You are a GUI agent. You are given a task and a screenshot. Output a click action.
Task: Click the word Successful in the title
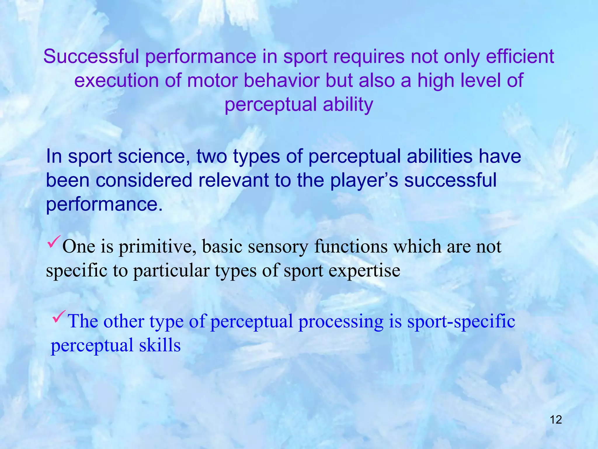point(91,56)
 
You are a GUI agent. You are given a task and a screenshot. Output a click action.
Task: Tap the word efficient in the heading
point(520,56)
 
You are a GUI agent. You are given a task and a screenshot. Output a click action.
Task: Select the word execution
point(116,80)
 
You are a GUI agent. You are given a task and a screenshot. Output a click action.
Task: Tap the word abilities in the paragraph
point(440,156)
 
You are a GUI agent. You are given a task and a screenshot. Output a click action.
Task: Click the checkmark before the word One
point(54,241)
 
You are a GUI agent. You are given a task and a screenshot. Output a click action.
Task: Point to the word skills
point(160,345)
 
